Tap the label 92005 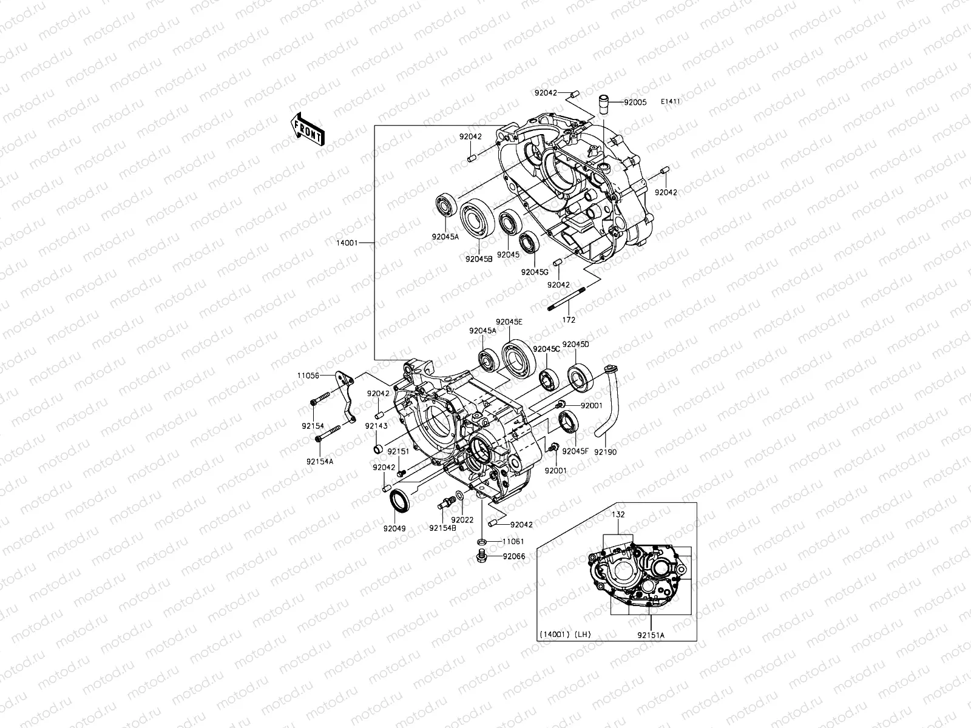coord(637,103)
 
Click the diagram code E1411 coord(687,102)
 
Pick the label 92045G coord(534,272)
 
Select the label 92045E coord(509,322)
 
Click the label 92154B coord(442,528)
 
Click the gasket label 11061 coord(513,541)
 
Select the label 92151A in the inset coord(651,635)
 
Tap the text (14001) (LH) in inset coord(564,635)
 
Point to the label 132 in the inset coord(618,514)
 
